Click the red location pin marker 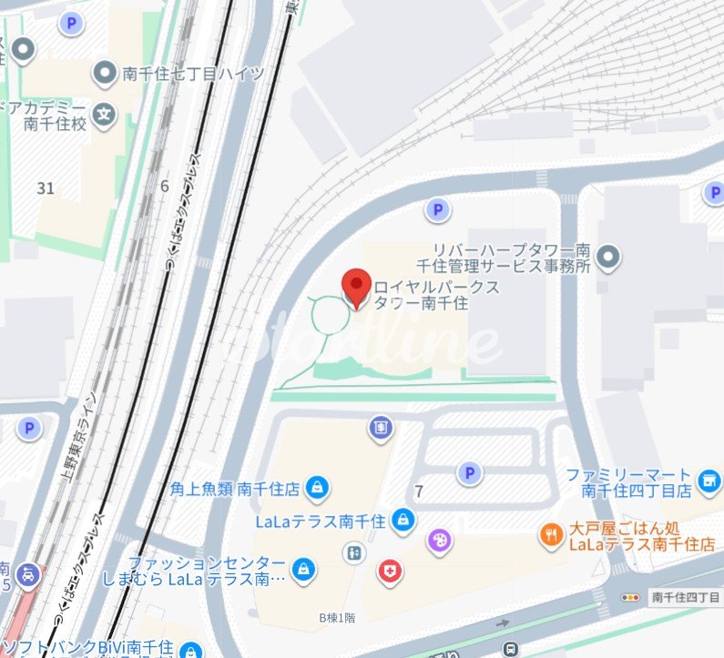(355, 288)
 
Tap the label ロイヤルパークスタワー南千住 (424, 295)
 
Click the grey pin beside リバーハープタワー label (609, 258)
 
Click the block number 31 (46, 188)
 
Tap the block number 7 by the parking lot (418, 492)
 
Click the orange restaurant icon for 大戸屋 (550, 535)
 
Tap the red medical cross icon (389, 571)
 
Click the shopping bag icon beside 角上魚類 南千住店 (316, 488)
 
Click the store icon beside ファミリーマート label (708, 479)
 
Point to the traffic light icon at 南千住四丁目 (630, 597)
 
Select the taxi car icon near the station (30, 573)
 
